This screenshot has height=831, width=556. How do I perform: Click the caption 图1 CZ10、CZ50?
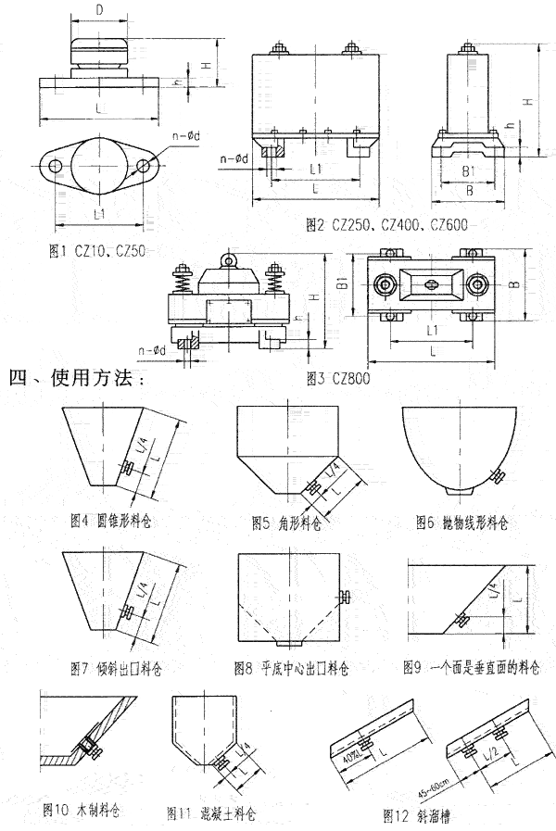101,249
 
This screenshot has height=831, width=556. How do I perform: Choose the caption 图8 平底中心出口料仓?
297,666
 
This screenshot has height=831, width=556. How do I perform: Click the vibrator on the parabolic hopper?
496,476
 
